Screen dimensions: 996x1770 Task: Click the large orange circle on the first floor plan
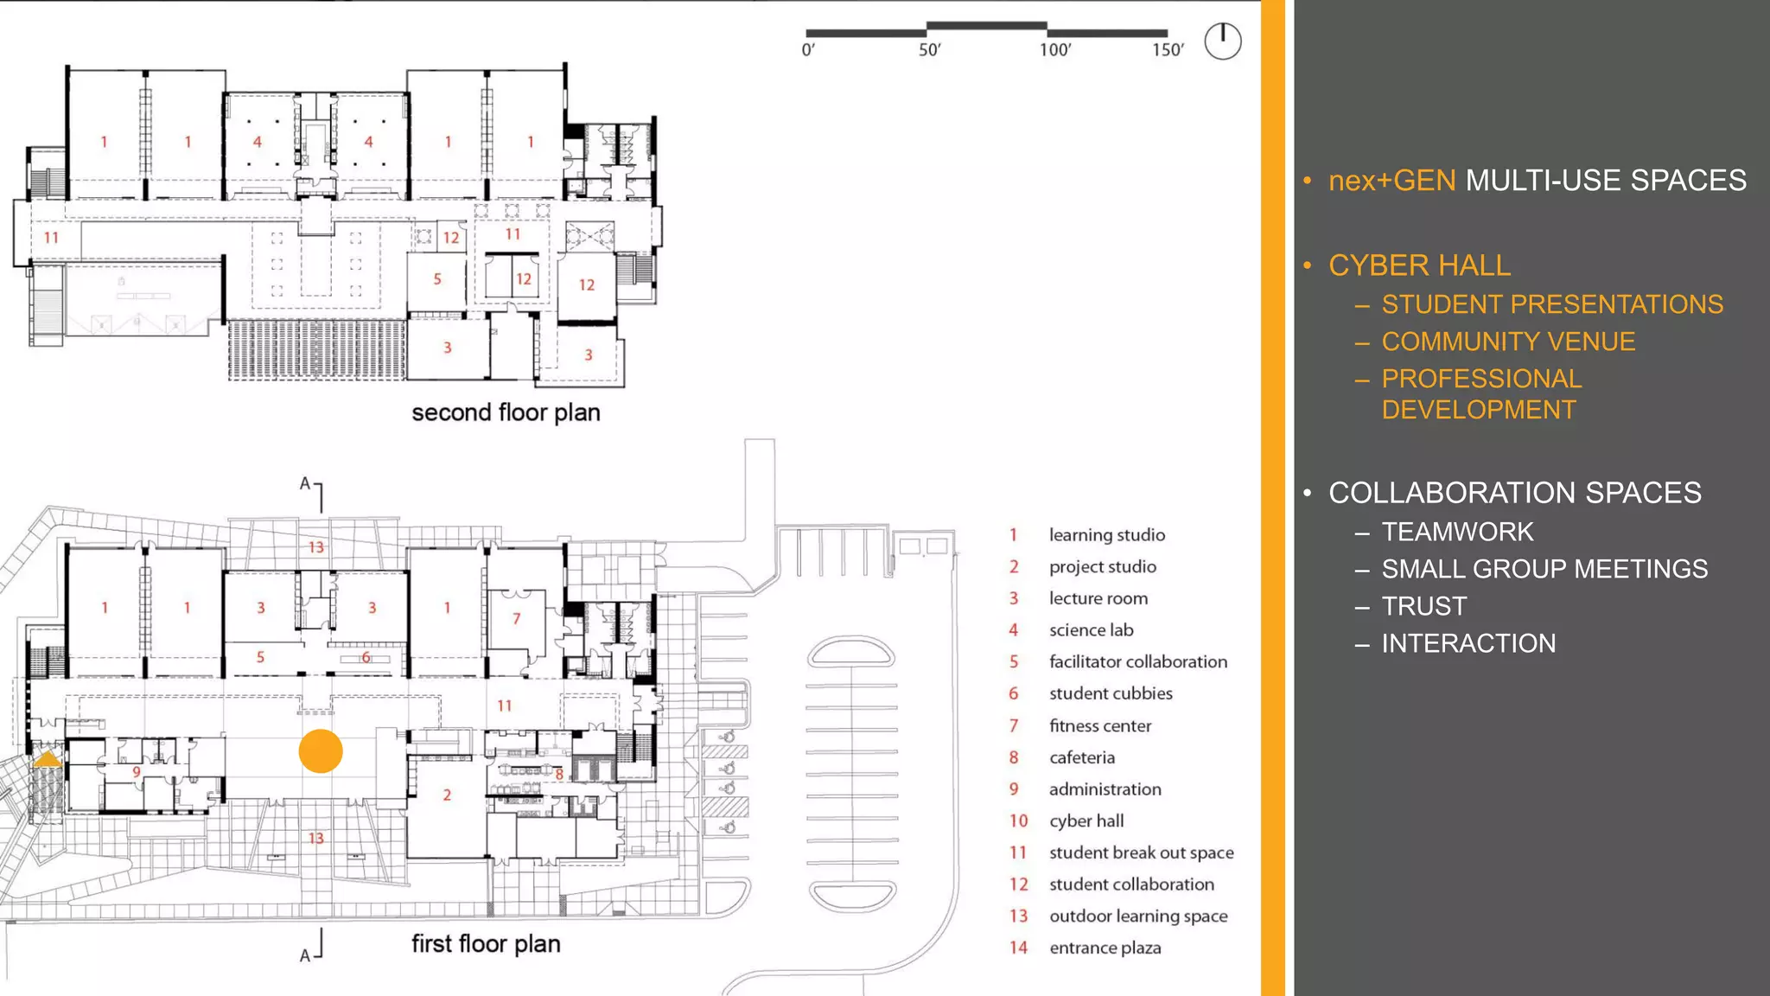coord(321,750)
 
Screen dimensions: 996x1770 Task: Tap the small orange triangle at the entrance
coord(47,760)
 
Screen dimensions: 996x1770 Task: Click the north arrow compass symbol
coord(1223,41)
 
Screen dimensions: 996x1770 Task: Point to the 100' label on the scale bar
coord(1055,50)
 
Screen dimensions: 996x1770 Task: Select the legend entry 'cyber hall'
coord(1086,820)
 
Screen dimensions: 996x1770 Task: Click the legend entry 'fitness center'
coord(1099,725)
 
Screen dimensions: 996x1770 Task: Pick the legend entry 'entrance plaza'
coord(1105,948)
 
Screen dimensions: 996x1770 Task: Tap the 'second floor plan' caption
coord(506,412)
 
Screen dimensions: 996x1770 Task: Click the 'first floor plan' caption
coord(486,943)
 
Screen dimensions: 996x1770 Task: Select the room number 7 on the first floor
coord(516,618)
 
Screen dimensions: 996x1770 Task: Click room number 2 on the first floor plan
coord(447,795)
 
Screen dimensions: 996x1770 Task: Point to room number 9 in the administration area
coord(137,772)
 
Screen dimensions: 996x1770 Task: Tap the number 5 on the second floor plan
coord(437,279)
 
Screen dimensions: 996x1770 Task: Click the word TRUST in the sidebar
coord(1423,606)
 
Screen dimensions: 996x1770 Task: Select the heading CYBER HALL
coord(1419,265)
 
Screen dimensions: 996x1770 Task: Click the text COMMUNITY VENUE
coord(1508,342)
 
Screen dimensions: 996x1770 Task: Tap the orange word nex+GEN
coord(1391,181)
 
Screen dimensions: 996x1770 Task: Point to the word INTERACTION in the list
coord(1468,643)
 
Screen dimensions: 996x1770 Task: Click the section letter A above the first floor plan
coord(304,483)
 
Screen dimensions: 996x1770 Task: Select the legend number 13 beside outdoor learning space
coord(1019,916)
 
